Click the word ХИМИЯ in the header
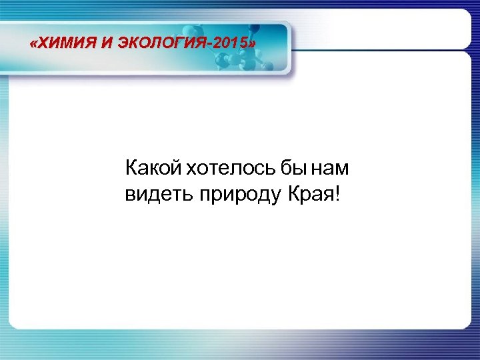pyautogui.click(x=65, y=45)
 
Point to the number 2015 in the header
pyautogui.click(x=230, y=45)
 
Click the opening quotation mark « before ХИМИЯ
pyautogui.click(x=35, y=45)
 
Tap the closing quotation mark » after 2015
pyautogui.click(x=251, y=45)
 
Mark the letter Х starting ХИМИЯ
pyautogui.click(x=43, y=45)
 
